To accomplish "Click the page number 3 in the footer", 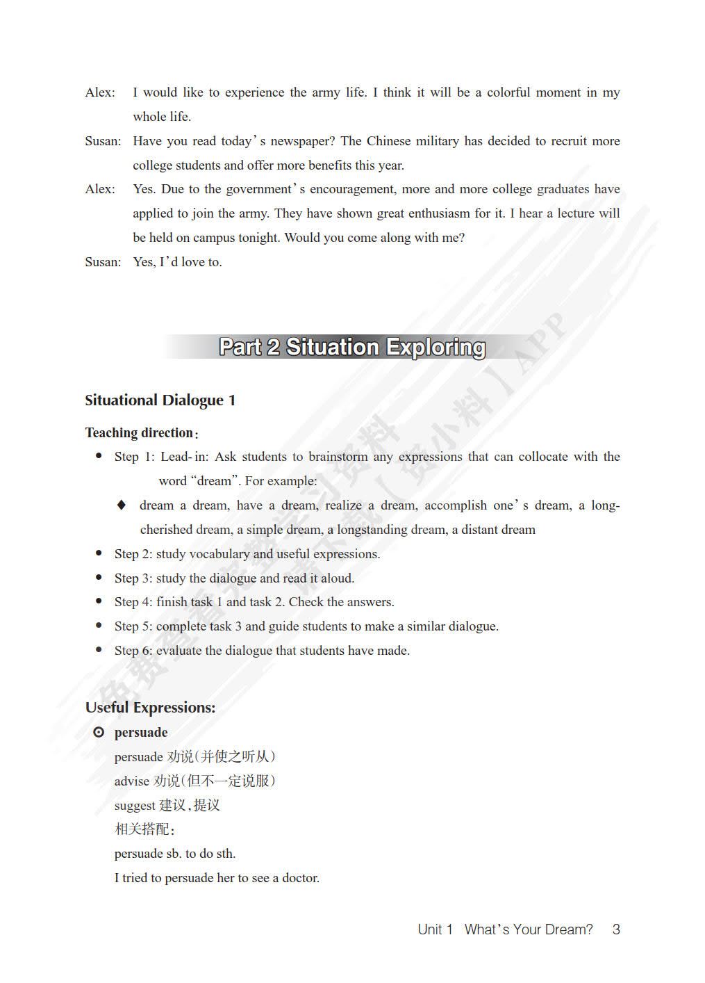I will [x=616, y=929].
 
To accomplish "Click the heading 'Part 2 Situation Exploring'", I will [x=352, y=347].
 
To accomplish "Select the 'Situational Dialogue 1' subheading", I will [x=160, y=400].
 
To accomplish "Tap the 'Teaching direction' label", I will [x=139, y=432].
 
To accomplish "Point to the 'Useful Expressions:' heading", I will [x=150, y=707].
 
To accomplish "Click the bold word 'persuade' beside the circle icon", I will [x=141, y=732].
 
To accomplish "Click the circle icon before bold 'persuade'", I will [x=99, y=732].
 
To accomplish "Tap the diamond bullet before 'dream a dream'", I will [x=122, y=505].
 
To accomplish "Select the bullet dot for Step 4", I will [x=99, y=601].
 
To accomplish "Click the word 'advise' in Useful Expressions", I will [x=132, y=781].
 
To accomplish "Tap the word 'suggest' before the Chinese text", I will [x=135, y=806].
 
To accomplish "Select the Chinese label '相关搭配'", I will [x=142, y=829].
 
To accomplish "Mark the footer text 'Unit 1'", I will [x=436, y=929].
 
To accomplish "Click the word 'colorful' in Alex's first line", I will [x=508, y=92].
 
